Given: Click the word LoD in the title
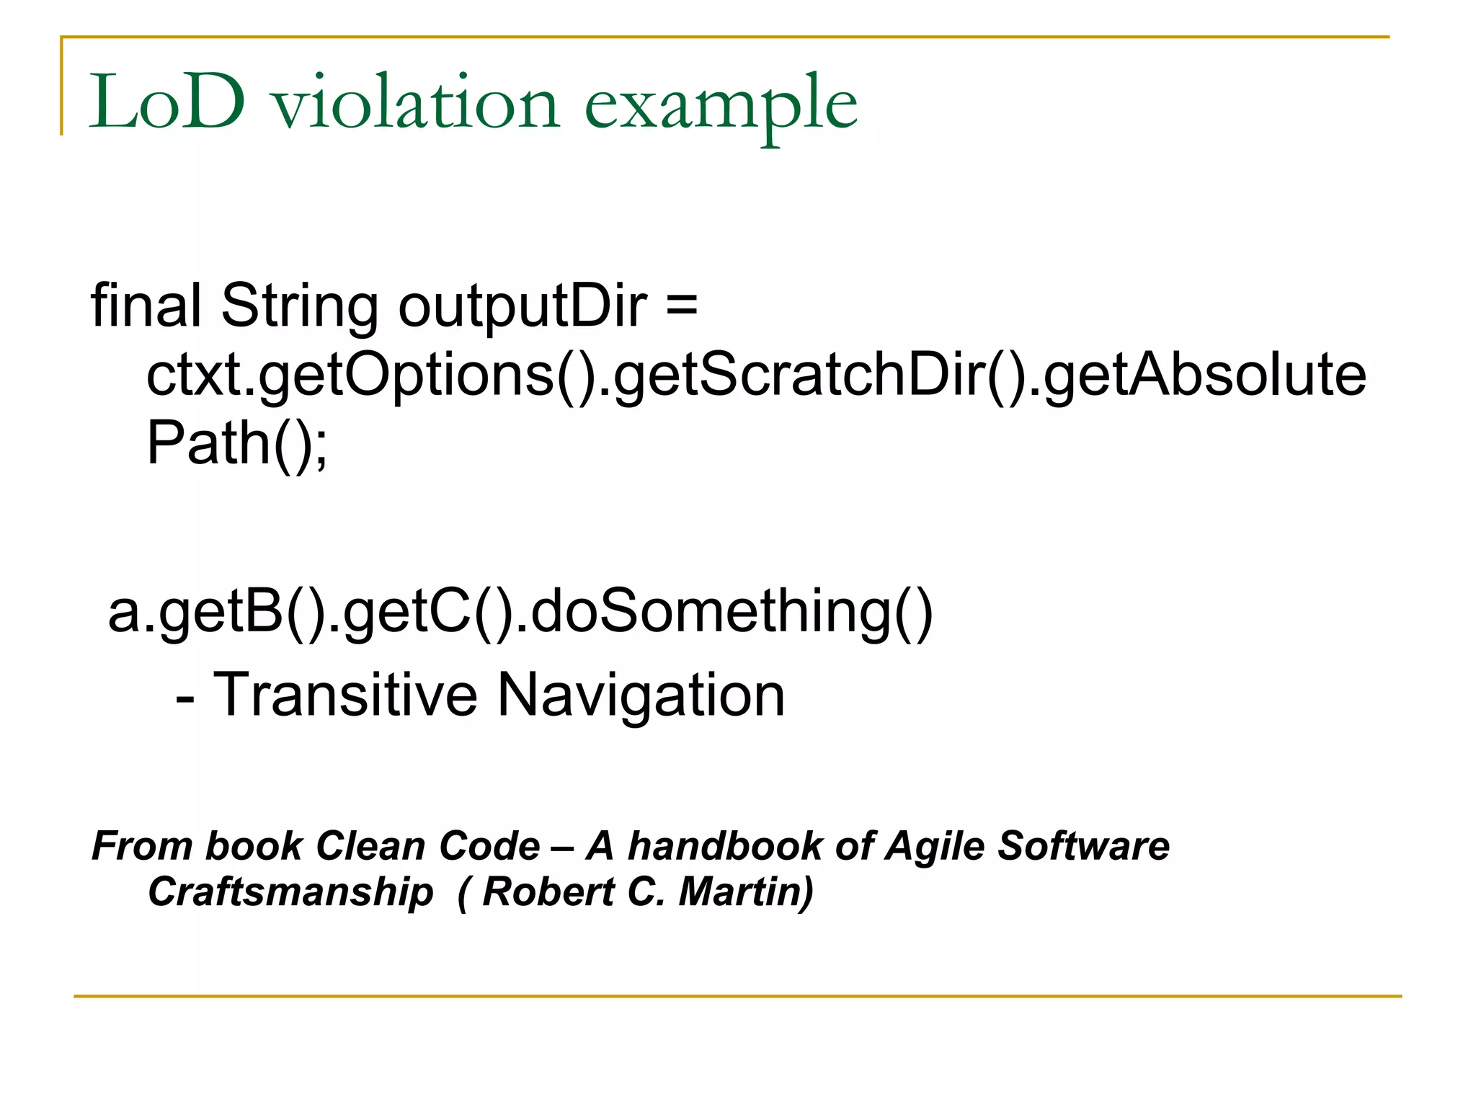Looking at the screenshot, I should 166,103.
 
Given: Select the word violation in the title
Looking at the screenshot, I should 416,103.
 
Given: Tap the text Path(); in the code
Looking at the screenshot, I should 237,444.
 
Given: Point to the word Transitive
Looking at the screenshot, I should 345,695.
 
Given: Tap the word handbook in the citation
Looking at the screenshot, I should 724,846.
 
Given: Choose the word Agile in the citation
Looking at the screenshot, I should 935,848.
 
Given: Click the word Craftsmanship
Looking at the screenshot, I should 290,892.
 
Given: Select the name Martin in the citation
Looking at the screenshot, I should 746,892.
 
